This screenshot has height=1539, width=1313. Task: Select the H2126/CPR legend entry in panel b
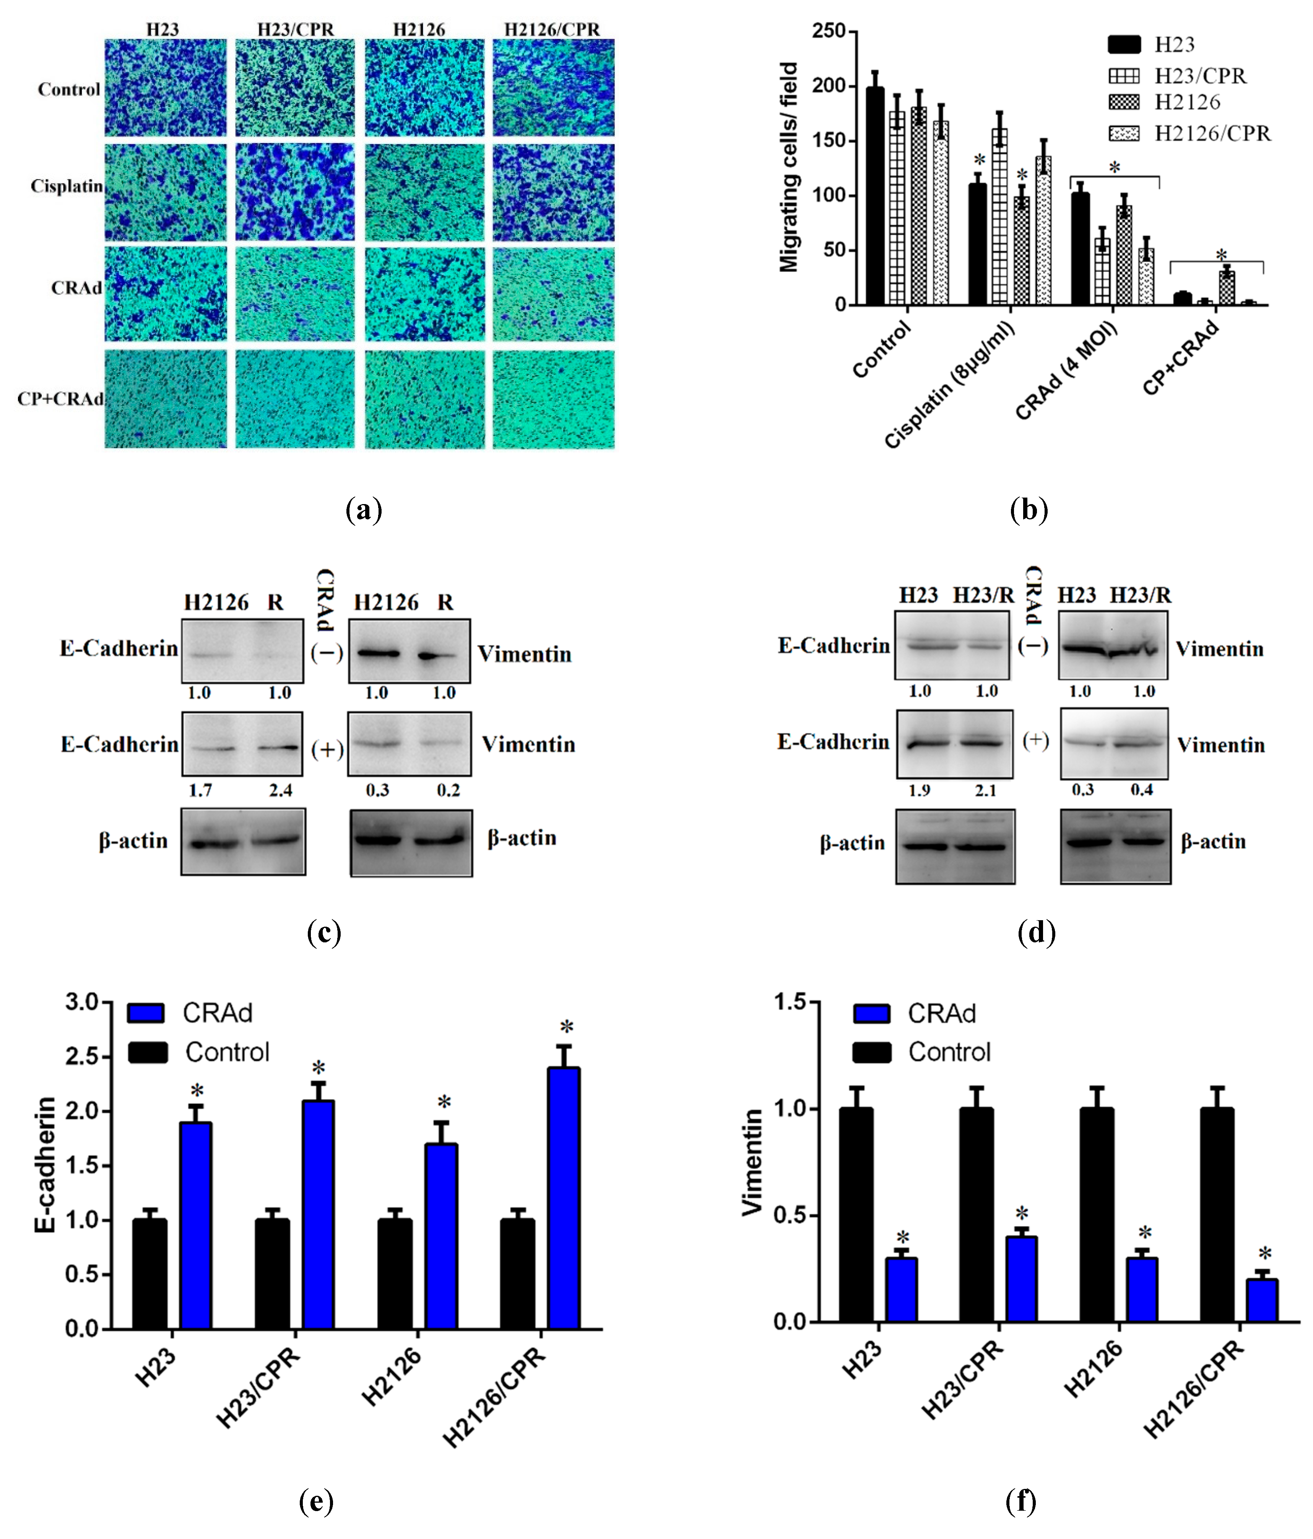1212,134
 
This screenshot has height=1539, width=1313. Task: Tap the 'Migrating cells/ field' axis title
789,167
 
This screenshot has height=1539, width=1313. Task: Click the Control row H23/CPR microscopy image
295,88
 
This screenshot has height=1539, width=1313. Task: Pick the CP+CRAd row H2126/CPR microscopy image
553,400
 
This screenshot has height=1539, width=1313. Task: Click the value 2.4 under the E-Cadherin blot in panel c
281,790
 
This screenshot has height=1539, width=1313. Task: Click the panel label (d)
1036,932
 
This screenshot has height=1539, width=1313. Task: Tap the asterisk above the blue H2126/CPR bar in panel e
567,1028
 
